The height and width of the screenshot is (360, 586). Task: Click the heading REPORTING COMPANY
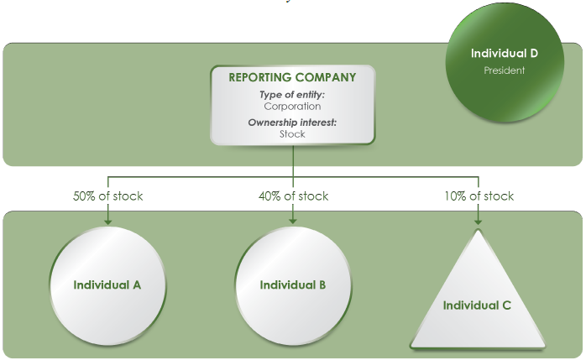[x=292, y=77]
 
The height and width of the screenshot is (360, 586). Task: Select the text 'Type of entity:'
[x=292, y=95]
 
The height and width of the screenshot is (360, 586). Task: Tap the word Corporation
[x=292, y=107]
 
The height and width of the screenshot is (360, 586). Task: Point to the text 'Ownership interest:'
[x=292, y=123]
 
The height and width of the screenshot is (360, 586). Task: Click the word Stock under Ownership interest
[x=292, y=134]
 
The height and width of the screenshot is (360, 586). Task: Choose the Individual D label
[x=504, y=53]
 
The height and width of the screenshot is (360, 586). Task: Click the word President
[x=504, y=70]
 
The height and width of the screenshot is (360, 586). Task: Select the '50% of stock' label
[x=107, y=196]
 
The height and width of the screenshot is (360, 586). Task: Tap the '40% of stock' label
[x=293, y=196]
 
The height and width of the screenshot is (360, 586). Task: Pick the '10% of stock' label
[x=479, y=196]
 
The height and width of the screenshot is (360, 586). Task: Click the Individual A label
[x=107, y=284]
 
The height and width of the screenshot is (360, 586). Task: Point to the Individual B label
[x=293, y=284]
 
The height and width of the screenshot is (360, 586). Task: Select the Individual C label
[x=477, y=305]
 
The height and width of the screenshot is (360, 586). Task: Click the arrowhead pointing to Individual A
[x=107, y=221]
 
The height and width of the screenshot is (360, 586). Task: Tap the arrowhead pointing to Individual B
[x=293, y=221]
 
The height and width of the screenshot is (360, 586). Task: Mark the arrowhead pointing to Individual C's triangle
[x=479, y=221]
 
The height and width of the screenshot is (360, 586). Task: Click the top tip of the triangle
[x=478, y=229]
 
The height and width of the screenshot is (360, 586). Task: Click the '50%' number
[x=85, y=196]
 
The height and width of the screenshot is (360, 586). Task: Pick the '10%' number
[x=456, y=196]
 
